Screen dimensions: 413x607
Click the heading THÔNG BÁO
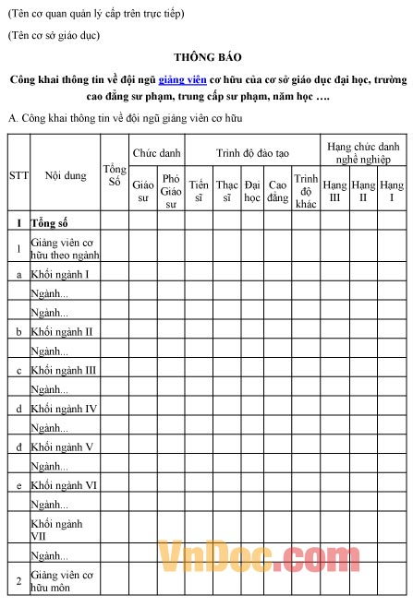click(206, 57)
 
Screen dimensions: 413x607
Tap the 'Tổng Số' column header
click(114, 175)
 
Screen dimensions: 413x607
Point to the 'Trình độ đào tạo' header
click(251, 149)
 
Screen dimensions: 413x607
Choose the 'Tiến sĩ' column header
click(198, 190)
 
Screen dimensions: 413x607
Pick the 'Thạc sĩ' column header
click(226, 190)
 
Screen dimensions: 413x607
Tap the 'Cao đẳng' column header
click(277, 190)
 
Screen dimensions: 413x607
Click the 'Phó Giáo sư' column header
click(170, 191)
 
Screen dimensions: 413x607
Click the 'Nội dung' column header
click(65, 175)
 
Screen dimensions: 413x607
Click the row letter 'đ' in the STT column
click(18, 446)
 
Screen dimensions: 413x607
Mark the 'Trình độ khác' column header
click(306, 191)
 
